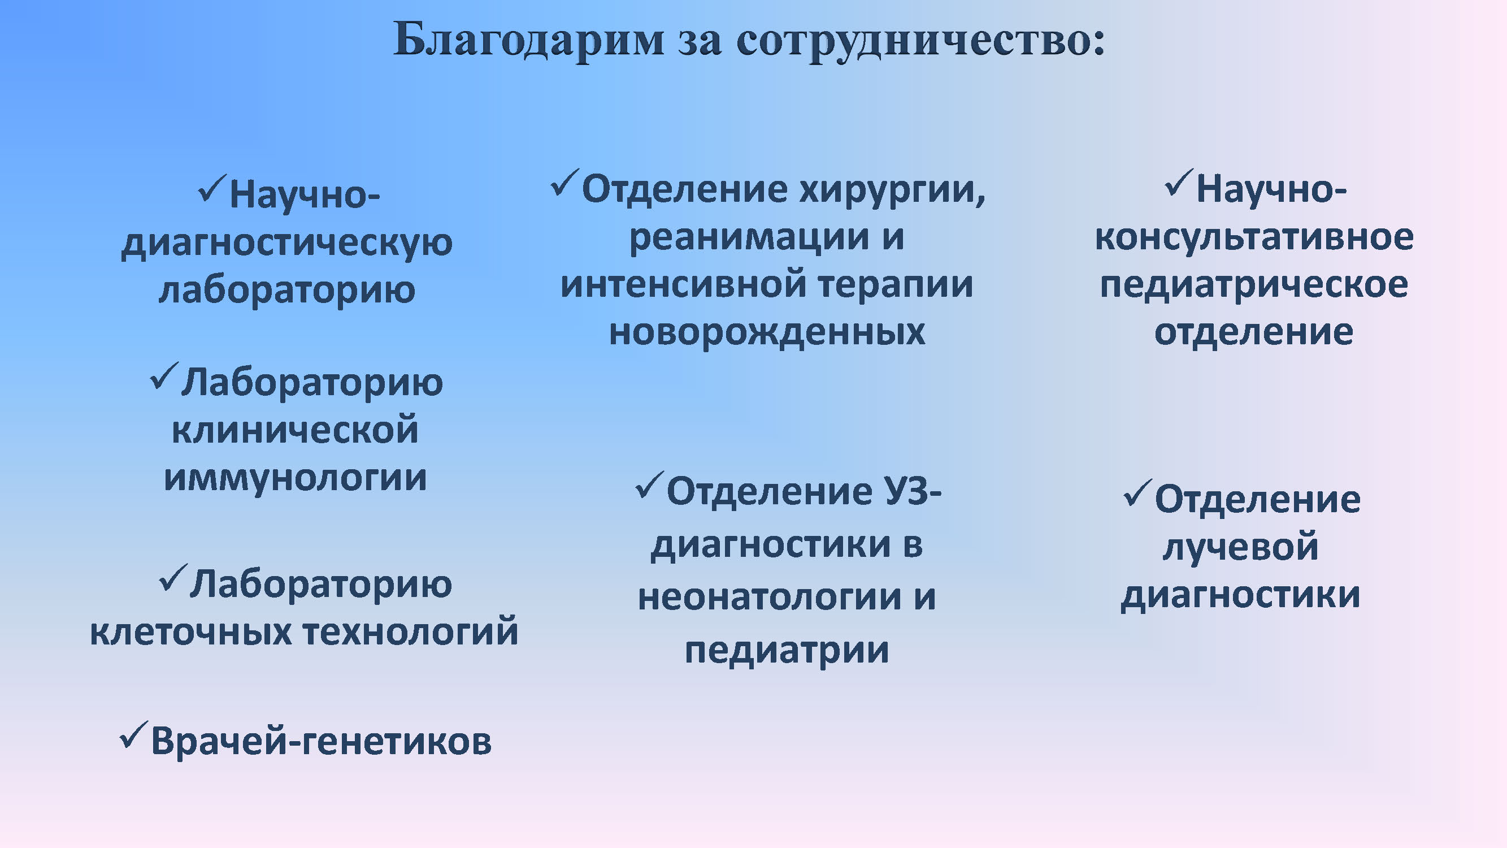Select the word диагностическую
coord(286,243)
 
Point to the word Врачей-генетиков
coord(321,742)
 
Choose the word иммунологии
coord(296,478)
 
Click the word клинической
coord(296,430)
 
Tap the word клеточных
coord(191,632)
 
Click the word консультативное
coord(1254,237)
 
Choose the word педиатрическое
coord(1254,285)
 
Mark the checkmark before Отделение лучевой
coord(1138,493)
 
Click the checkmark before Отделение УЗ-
coord(650,485)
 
